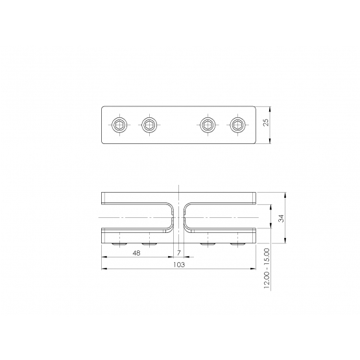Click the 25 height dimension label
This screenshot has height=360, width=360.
click(266, 122)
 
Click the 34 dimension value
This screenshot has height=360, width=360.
click(281, 218)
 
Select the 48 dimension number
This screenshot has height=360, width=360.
click(136, 253)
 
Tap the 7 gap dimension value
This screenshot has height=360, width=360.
click(179, 253)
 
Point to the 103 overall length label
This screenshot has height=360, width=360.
click(179, 265)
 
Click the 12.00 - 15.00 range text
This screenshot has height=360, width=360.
click(267, 269)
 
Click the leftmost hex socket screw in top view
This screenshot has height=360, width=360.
click(119, 125)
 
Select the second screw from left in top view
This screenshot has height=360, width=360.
click(149, 125)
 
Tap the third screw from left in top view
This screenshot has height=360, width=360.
click(208, 125)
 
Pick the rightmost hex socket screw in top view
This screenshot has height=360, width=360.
click(237, 125)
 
